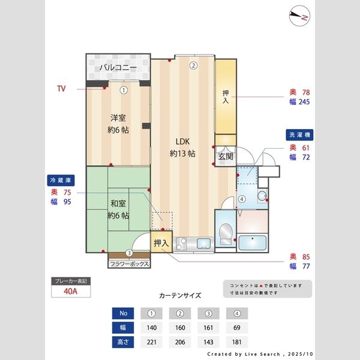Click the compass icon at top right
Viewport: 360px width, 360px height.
coord(299,16)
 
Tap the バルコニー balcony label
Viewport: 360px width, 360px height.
coord(118,67)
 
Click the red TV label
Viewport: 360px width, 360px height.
coord(61,89)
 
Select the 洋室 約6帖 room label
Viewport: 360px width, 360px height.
coord(118,123)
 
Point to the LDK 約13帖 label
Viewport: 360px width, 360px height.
coord(182,147)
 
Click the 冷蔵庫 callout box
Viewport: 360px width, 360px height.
coord(61,179)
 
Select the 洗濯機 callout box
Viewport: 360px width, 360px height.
coord(300,134)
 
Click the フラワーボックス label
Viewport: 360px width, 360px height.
coord(129,263)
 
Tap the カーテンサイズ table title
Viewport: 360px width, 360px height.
coord(180,296)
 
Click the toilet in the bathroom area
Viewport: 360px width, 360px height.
coord(226,231)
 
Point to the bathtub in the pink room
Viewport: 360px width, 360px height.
coord(253,243)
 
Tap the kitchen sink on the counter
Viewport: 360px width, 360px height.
coord(202,244)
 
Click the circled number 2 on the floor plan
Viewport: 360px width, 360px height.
coord(193,66)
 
